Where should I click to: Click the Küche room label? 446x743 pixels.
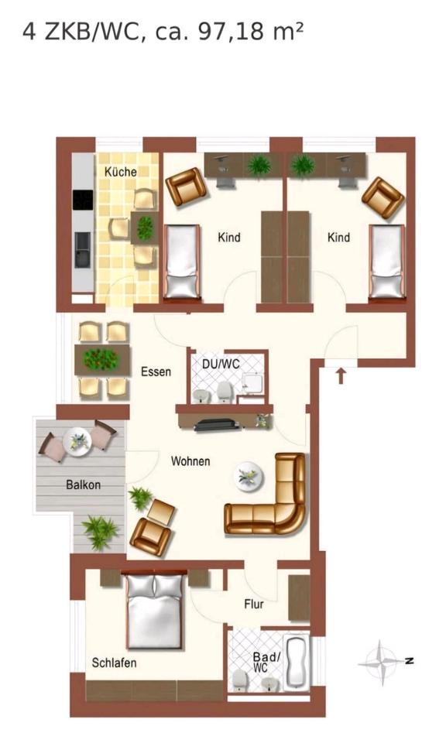click(x=120, y=172)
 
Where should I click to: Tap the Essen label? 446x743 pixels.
click(x=156, y=371)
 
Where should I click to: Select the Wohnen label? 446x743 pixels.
click(x=190, y=461)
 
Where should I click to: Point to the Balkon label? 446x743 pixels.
click(x=84, y=484)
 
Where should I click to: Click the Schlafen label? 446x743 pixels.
click(x=115, y=663)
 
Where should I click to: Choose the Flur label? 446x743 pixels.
click(x=254, y=604)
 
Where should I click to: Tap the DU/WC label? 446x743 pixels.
click(x=221, y=364)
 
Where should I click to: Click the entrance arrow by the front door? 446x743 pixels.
click(x=341, y=376)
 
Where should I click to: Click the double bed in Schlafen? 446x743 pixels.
click(x=155, y=611)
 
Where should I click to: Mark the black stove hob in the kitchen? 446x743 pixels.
click(x=83, y=200)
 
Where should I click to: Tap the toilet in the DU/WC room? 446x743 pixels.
click(x=225, y=392)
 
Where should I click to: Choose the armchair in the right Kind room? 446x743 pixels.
click(x=383, y=197)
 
